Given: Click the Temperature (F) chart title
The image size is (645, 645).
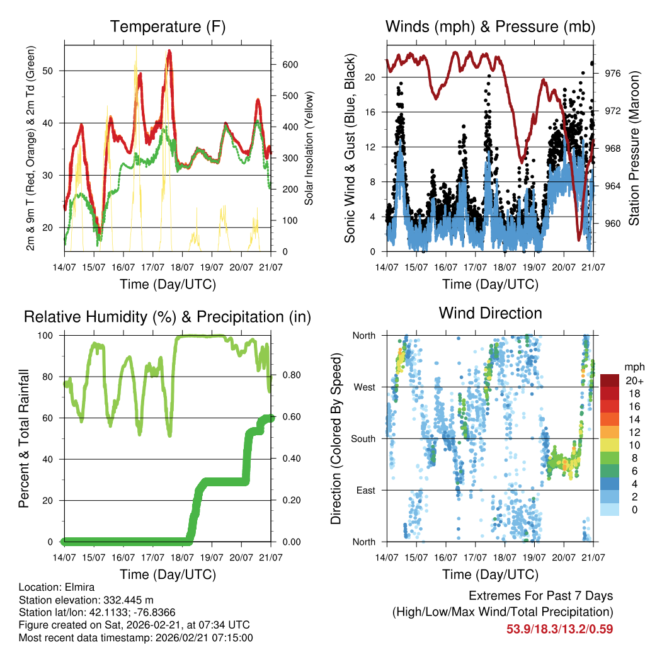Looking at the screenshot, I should (x=168, y=27).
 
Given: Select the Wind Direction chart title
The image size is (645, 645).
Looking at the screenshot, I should (x=490, y=313).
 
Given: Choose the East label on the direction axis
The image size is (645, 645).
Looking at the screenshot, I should (x=365, y=490).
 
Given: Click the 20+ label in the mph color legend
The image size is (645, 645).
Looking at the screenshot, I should (x=634, y=380).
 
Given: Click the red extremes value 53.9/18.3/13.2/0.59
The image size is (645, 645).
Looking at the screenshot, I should (x=560, y=629).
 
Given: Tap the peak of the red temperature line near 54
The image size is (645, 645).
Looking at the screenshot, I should (x=169, y=51).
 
